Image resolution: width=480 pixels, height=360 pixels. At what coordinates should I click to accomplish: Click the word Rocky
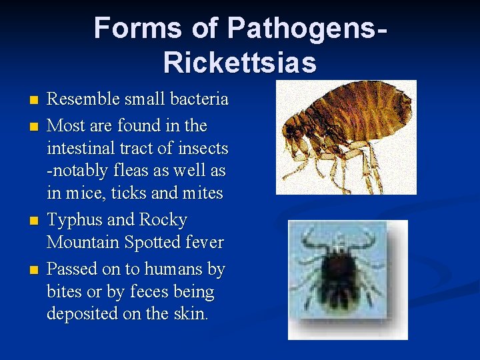(x=163, y=220)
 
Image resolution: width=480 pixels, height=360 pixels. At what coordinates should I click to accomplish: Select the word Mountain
(x=83, y=243)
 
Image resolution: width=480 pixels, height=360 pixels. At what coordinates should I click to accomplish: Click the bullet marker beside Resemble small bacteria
(x=34, y=101)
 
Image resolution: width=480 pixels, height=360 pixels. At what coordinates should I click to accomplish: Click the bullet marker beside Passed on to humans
(x=34, y=270)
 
